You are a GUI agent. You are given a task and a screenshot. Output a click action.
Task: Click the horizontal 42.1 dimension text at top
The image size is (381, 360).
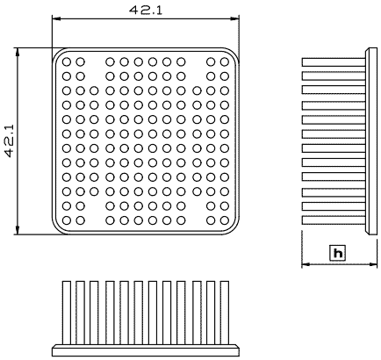pos(146,11)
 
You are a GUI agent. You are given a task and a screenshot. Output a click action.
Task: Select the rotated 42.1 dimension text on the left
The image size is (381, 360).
pos(10,141)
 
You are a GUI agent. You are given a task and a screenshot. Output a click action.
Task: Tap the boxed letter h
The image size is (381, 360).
pos(338,253)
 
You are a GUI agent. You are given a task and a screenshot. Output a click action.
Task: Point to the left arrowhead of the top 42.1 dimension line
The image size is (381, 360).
pos(56,18)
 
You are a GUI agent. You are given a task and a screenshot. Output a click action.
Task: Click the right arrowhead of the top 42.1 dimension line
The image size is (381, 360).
pos(235,18)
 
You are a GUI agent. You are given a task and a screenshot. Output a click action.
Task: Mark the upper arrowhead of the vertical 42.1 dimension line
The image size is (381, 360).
pos(18,52)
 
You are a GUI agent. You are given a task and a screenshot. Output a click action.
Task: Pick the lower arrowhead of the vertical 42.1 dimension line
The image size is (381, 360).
pos(18,230)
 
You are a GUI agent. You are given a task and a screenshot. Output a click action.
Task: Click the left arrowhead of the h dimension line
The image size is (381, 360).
pos(306,264)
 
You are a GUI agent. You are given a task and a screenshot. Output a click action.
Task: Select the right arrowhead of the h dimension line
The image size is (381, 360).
pos(373,264)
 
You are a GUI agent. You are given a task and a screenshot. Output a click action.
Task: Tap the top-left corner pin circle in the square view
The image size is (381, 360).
pos(67,62)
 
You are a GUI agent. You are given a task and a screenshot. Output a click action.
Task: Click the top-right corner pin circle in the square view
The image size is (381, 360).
pos(225,62)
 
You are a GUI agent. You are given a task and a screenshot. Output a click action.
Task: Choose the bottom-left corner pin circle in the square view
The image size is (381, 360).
pos(67,220)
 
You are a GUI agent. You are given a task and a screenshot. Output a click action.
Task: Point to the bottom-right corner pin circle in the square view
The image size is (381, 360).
pos(225,220)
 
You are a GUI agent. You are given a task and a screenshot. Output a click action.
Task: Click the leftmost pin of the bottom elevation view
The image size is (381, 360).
pos(67,313)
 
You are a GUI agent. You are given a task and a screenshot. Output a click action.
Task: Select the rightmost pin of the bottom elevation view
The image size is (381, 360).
pos(225,313)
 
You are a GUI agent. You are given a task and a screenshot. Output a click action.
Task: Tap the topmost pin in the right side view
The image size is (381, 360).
pos(334,62)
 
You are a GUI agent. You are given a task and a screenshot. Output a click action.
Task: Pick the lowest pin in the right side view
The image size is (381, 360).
pos(334,220)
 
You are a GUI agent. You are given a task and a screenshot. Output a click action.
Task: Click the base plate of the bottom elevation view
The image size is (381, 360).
pos(146,350)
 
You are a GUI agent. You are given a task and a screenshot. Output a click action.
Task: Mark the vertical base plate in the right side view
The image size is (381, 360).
pos(371,141)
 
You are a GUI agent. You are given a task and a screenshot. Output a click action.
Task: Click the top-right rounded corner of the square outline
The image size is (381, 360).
pos(234,53)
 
